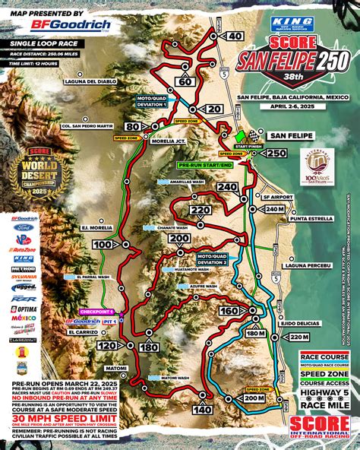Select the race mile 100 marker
click(x=103, y=244)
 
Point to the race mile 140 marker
click(x=203, y=409)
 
